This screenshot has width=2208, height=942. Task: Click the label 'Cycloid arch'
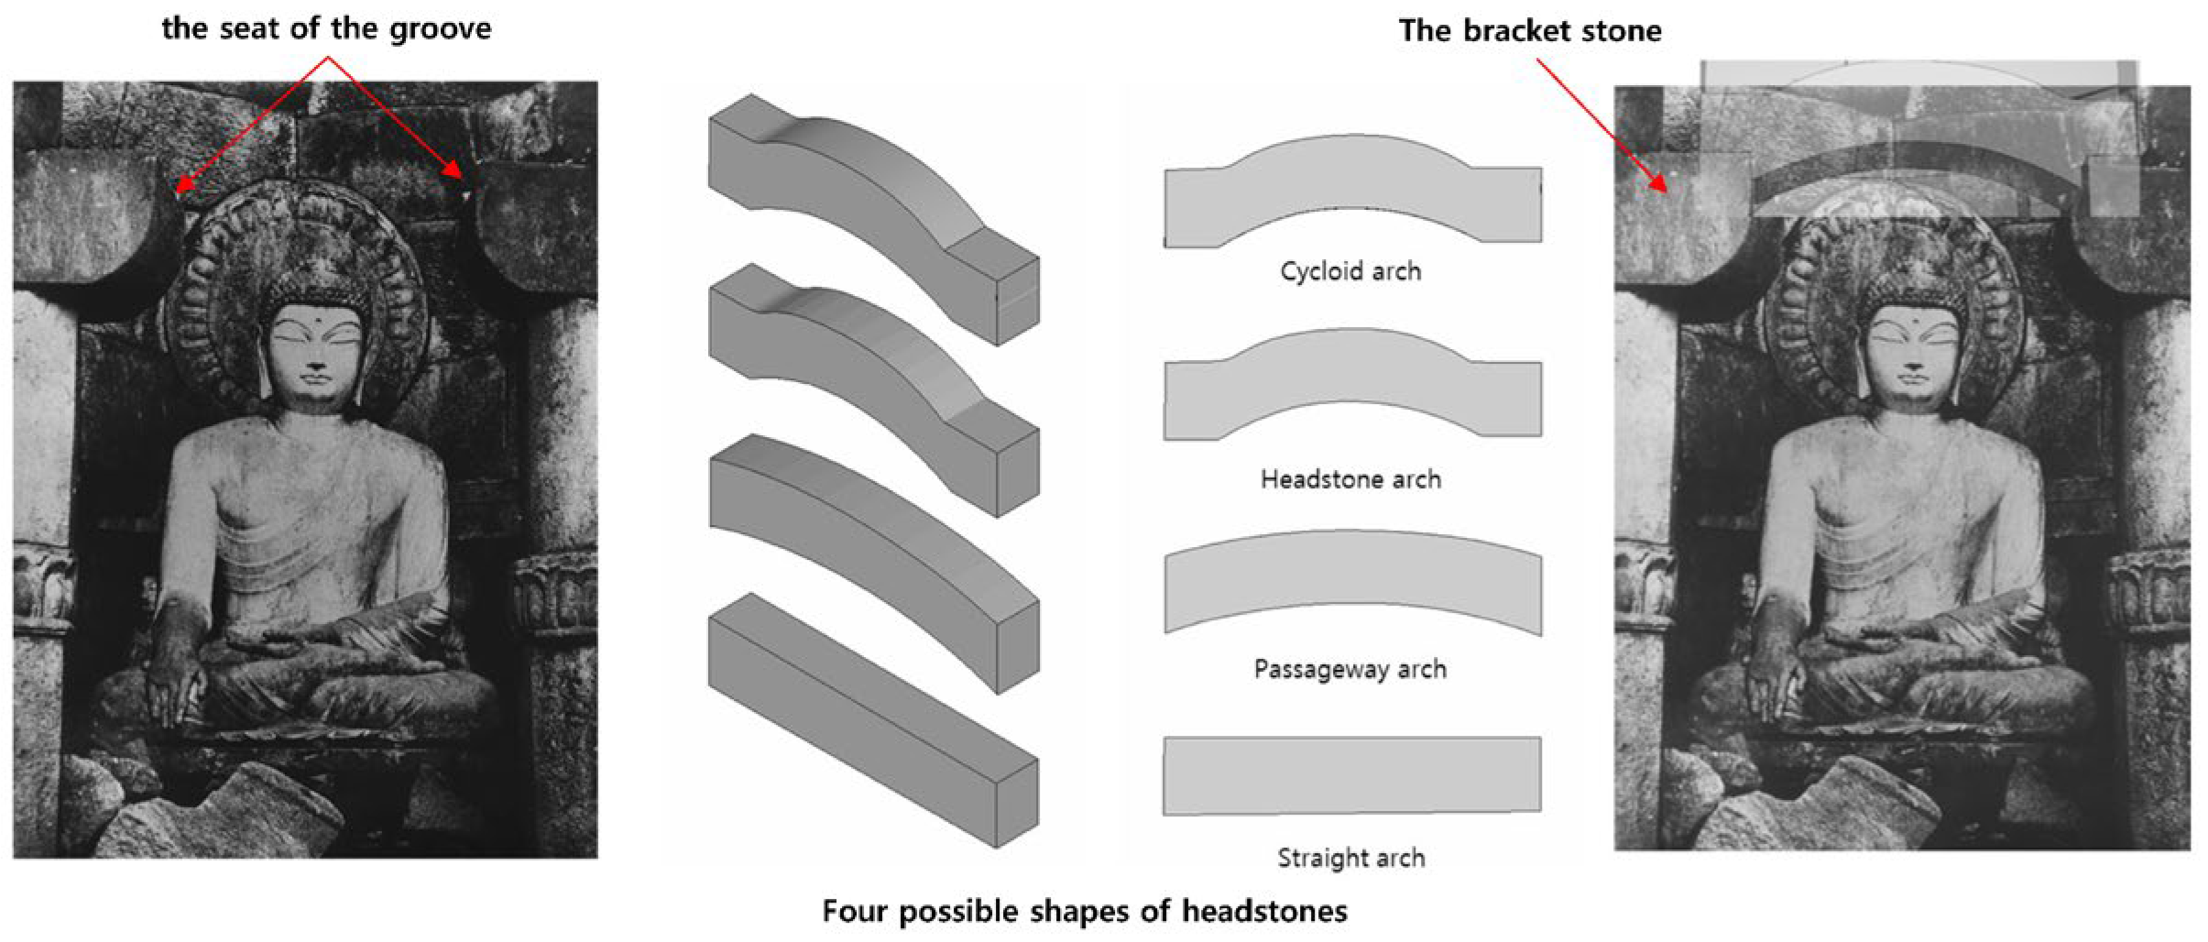tap(1350, 271)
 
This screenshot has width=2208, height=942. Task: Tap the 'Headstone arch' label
tap(1350, 479)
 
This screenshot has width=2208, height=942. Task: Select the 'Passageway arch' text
tap(1350, 669)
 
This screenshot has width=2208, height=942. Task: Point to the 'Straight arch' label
tap(1350, 858)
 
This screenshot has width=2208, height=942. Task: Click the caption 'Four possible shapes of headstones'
tap(1084, 911)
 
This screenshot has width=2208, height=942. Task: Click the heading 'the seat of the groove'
tap(326, 28)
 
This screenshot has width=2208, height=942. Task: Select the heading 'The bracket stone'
tap(1529, 31)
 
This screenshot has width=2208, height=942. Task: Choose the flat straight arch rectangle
tap(1352, 775)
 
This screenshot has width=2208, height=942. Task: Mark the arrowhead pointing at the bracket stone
tap(1661, 186)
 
